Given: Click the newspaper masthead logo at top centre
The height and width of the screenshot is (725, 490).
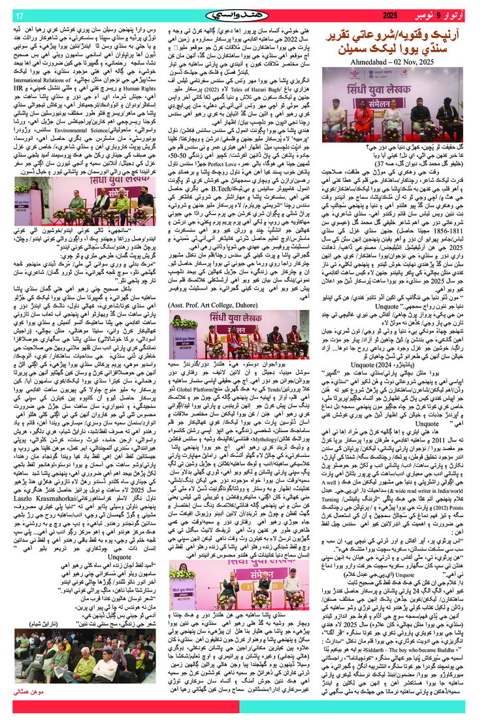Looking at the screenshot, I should click(x=244, y=14).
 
